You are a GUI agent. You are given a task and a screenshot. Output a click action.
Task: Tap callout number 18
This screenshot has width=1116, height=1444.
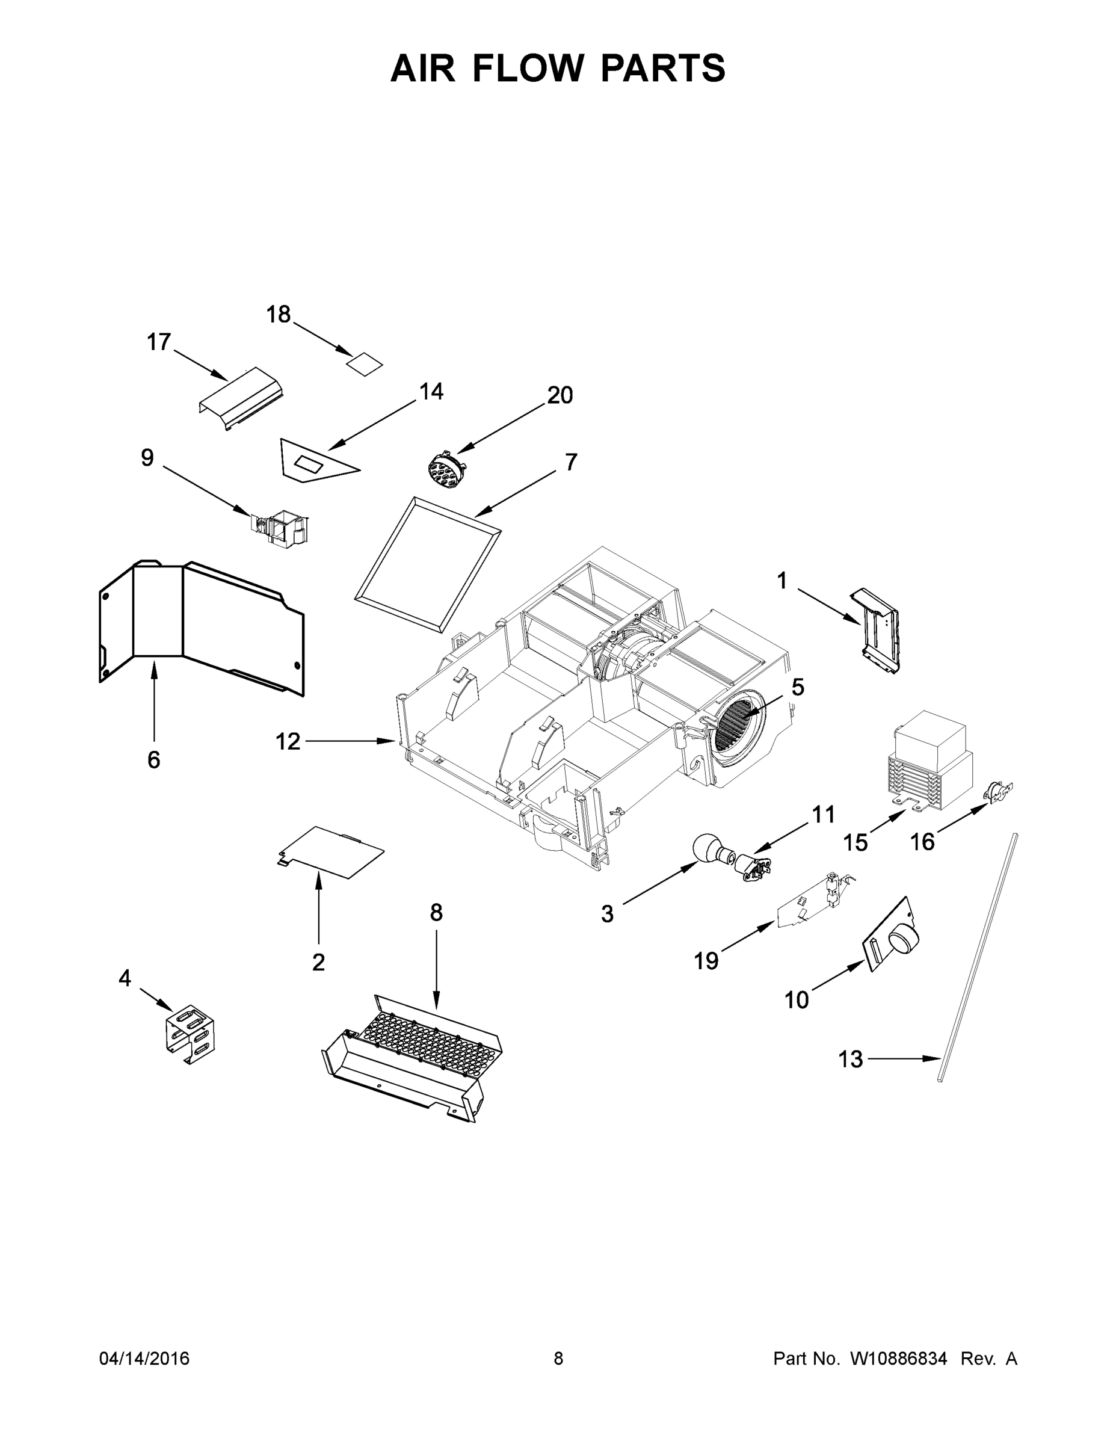click(279, 315)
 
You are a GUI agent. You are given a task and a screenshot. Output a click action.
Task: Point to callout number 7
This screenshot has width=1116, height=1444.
click(570, 461)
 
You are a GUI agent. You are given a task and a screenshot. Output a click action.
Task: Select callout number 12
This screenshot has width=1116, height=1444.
click(288, 742)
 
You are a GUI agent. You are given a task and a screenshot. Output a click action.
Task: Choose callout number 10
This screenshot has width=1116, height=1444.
click(796, 1000)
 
